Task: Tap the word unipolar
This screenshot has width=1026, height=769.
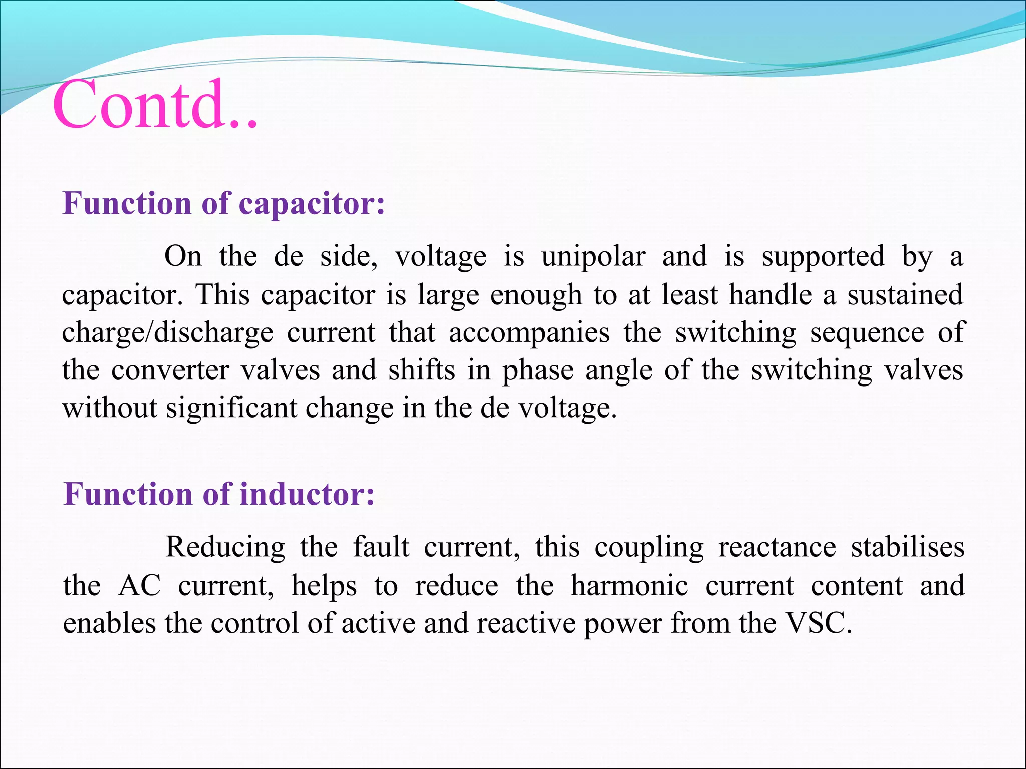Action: (593, 257)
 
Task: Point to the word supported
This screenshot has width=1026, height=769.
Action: (823, 257)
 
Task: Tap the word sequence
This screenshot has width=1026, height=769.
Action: (867, 332)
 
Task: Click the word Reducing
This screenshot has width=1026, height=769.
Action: (225, 547)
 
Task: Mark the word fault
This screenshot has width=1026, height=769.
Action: (381, 547)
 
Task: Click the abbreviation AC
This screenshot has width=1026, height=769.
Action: (140, 585)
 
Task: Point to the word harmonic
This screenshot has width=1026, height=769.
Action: (629, 585)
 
